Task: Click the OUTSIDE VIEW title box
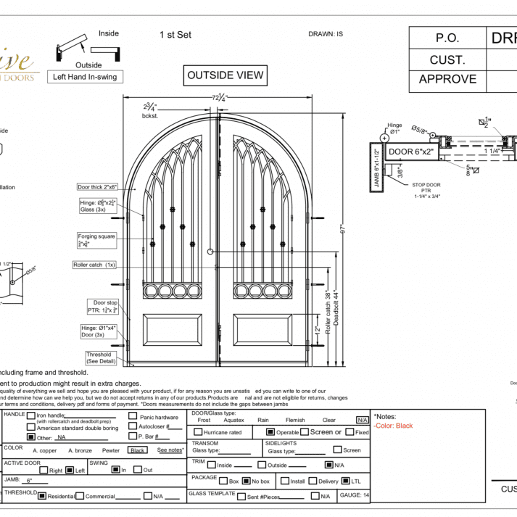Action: click(x=226, y=75)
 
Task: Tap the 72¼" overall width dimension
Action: click(x=220, y=97)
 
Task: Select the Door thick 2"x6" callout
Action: click(x=97, y=187)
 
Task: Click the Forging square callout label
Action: click(x=96, y=240)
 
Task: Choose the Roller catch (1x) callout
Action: click(x=94, y=265)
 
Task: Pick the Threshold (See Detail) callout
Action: click(x=99, y=357)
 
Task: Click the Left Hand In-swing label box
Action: click(x=85, y=77)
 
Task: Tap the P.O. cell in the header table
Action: click(x=447, y=38)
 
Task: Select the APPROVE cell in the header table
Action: click(x=447, y=79)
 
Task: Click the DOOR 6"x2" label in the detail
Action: click(x=409, y=152)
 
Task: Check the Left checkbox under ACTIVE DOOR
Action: click(x=70, y=470)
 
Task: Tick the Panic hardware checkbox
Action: click(x=133, y=416)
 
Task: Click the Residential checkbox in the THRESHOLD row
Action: click(x=42, y=496)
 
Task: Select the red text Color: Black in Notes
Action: click(x=394, y=426)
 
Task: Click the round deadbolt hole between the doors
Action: click(x=210, y=252)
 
